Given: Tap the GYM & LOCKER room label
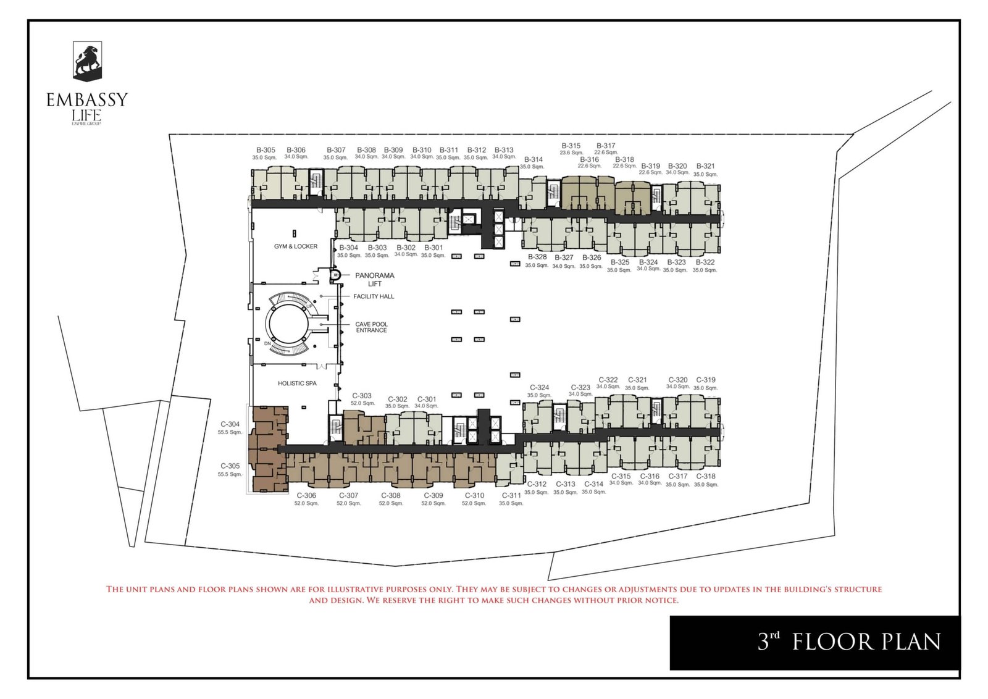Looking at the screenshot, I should (296, 246).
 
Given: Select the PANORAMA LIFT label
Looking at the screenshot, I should (374, 280).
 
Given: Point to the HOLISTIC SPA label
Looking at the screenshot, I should (297, 383).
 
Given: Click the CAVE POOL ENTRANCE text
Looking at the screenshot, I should (371, 327).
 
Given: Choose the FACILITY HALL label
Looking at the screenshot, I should (374, 296).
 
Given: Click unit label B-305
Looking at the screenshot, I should (266, 150).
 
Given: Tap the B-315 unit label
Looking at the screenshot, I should (571, 146).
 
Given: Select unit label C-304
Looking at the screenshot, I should (230, 424).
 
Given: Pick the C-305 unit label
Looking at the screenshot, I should (230, 466).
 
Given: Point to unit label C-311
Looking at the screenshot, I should (511, 495).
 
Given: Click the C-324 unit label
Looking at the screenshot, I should (539, 388).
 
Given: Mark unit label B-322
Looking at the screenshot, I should (705, 262).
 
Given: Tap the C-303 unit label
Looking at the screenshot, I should (362, 396).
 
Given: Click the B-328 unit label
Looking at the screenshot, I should (537, 257).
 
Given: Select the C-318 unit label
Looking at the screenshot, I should (706, 476).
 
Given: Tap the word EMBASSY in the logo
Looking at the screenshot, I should (87, 99).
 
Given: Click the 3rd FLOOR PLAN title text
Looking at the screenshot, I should (849, 642).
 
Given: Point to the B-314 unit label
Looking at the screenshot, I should (533, 159).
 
